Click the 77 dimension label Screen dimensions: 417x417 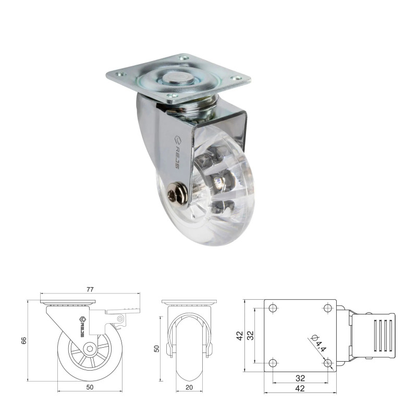(x=90, y=289)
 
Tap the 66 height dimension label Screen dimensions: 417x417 (x=23, y=341)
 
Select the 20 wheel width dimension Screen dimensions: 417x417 (x=189, y=387)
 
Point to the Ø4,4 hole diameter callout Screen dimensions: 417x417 (x=319, y=344)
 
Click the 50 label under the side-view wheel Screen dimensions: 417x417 (x=90, y=387)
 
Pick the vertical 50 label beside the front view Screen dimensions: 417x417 (x=157, y=349)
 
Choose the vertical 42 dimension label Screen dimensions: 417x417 (x=240, y=336)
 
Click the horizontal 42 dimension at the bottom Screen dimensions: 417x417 (x=300, y=388)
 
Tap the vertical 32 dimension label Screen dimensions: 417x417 (x=250, y=335)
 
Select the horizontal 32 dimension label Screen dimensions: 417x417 (x=300, y=378)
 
